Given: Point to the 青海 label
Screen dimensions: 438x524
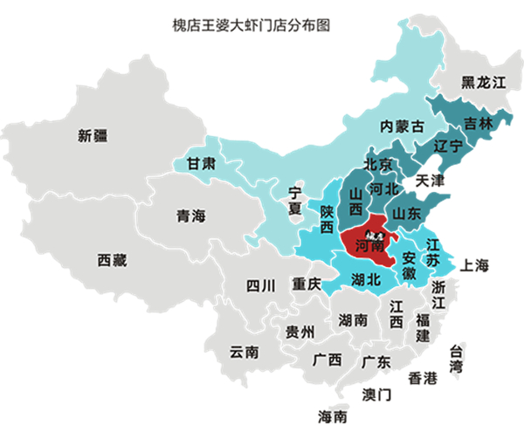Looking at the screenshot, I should coord(190,216).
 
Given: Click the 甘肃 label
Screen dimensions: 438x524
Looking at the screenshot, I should coord(201,163).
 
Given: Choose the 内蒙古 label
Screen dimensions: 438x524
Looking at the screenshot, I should coord(401,126).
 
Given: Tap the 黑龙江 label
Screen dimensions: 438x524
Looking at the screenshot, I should coord(484,83).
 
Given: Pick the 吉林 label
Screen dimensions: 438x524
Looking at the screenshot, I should coord(478,123).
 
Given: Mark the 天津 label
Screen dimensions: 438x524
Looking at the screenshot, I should coord(430,181).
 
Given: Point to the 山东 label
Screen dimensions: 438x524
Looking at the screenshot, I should coord(407,212).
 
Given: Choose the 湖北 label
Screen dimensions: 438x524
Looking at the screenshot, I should coord(365,279).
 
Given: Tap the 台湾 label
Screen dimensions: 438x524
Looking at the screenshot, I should coord(455,359).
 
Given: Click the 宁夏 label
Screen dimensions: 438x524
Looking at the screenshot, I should coord(294,201).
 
